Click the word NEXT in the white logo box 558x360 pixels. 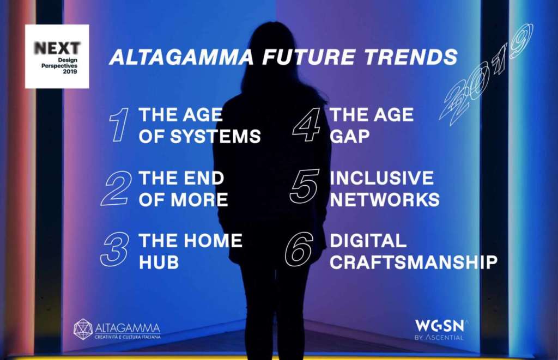click(x=57, y=48)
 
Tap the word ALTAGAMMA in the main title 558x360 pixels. click(x=181, y=57)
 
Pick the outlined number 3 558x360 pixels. click(x=114, y=249)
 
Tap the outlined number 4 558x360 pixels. click(x=306, y=125)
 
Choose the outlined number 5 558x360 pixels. click(x=305, y=187)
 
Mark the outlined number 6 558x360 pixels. click(x=300, y=249)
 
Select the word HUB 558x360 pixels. click(x=159, y=263)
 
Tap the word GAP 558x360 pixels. click(x=349, y=136)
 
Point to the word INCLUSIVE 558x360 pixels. click(x=382, y=178)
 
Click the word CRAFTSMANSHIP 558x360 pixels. click(x=414, y=263)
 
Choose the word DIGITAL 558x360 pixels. click(x=368, y=241)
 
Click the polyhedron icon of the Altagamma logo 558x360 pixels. click(x=83, y=329)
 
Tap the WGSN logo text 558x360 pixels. click(x=440, y=326)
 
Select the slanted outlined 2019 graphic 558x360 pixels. click(x=486, y=75)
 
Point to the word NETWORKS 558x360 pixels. click(x=385, y=199)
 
